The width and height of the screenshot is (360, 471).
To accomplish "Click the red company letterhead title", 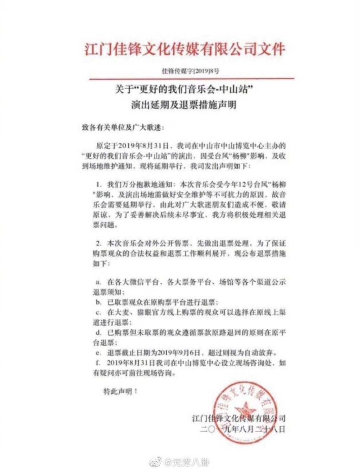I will coord(184,49).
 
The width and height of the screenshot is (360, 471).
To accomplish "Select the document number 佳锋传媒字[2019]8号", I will coord(191,71).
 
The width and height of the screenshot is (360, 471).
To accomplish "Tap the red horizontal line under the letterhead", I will coord(191,79).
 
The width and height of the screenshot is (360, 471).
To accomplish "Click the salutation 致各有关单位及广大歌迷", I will coord(123,127).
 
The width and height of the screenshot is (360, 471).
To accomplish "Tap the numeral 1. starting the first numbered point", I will coord(99,184).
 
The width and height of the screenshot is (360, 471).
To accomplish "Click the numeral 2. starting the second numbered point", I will coord(99,243).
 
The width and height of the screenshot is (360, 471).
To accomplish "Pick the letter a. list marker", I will coord(98,282).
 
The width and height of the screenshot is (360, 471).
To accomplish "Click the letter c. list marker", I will coord(98,312).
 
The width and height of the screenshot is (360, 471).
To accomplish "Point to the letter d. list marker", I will coord(99,332).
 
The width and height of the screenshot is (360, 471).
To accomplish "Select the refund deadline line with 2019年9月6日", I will coord(190,352).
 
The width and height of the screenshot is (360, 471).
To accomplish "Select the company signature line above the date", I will coord(239,418).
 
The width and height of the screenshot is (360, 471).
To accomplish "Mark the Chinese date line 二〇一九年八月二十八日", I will coord(243,429).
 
